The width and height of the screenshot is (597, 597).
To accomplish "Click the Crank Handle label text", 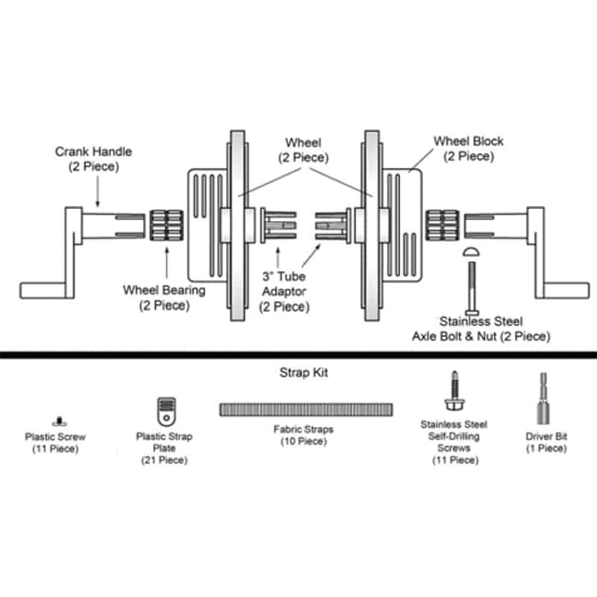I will [x=93, y=159].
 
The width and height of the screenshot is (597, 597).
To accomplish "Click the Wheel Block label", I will [x=468, y=149].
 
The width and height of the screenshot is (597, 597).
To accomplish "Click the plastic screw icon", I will [x=56, y=421].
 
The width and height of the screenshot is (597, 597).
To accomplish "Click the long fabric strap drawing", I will [x=306, y=410].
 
